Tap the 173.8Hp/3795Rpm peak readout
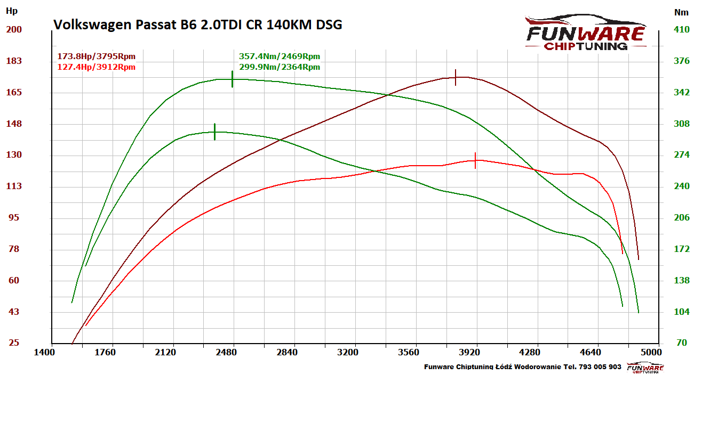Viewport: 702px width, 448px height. (97, 56)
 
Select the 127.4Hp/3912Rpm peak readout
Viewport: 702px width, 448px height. (97, 67)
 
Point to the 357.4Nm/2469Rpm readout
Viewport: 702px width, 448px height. (280, 56)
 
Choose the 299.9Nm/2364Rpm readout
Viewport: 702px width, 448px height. (280, 67)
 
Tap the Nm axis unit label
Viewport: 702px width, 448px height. (681, 12)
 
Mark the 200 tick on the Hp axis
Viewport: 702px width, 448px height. (14, 29)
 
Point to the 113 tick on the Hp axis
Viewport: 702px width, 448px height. (14, 186)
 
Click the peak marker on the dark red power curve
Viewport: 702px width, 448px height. (456, 77)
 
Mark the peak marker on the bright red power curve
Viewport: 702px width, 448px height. (475, 160)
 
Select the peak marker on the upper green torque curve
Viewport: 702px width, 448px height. (233, 79)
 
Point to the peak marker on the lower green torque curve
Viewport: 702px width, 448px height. (214, 132)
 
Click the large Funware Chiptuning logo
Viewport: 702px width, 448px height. (585, 33)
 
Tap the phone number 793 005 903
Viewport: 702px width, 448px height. (600, 367)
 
